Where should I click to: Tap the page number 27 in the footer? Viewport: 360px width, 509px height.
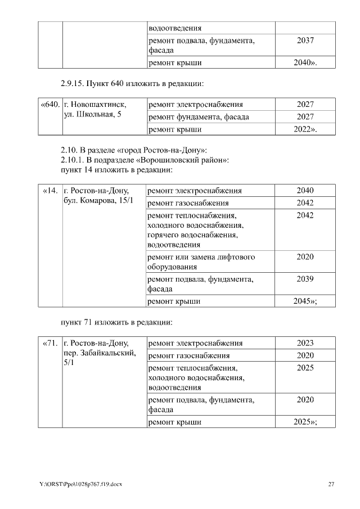[331, 484]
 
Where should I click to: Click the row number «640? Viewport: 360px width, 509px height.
[49, 105]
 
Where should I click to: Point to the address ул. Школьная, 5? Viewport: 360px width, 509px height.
[92, 115]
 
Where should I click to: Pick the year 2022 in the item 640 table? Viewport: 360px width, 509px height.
[304, 129]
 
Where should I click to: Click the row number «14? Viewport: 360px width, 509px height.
[50, 191]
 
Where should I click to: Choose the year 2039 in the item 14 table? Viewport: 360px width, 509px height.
[304, 279]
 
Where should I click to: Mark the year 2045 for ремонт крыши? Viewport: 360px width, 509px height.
[304, 301]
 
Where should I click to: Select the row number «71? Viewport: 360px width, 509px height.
[50, 343]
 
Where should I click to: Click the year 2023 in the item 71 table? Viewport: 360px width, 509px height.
[304, 343]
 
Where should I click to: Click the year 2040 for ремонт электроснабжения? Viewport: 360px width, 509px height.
[304, 191]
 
